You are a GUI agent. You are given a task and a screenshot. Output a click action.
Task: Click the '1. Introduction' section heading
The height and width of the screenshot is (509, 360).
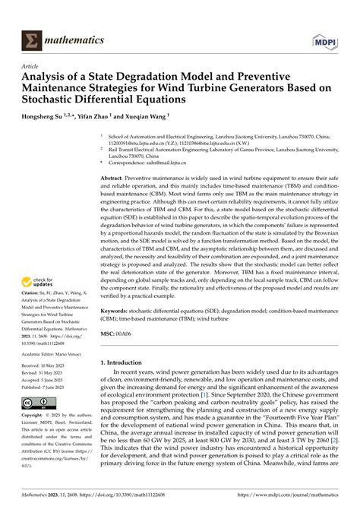128,363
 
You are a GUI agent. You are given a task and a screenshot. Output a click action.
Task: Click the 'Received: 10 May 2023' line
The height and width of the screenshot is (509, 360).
41,365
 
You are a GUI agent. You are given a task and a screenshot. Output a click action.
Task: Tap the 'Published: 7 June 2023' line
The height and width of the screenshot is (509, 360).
42,386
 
